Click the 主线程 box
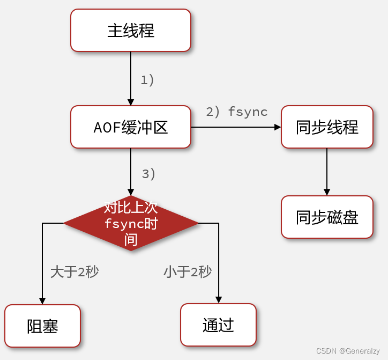tap(131, 31)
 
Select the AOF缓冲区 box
tap(131, 127)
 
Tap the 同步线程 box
tap(327, 127)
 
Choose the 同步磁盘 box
tap(327, 217)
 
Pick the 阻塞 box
tap(42, 326)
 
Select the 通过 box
tap(218, 325)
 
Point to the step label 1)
tap(147, 80)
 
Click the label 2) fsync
tap(236, 112)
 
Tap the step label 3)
tap(148, 174)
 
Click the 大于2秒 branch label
tap(74, 271)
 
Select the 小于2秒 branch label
tap(188, 271)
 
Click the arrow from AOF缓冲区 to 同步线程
tap(236, 127)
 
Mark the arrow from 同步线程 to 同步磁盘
tap(327, 172)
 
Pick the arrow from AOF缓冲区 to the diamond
tap(131, 172)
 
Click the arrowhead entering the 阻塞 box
tap(42, 301)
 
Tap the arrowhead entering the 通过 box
tap(219, 300)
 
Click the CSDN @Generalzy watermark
tap(348, 351)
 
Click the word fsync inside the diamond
tap(123, 223)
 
